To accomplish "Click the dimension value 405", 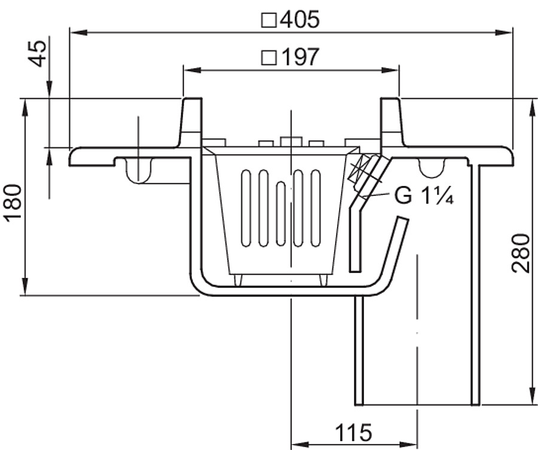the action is [299, 19].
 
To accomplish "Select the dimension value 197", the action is [300, 57].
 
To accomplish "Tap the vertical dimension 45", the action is [38, 54].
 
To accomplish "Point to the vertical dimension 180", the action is [14, 203].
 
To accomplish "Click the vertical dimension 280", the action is [521, 253].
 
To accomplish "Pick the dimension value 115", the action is [353, 433].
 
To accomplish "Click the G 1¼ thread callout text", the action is [424, 195].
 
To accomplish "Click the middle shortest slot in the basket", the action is [281, 214].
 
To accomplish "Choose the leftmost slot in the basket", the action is [246, 208].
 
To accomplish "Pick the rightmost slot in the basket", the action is [316, 208].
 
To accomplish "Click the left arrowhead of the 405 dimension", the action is [78, 33].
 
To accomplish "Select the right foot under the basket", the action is [323, 280].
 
